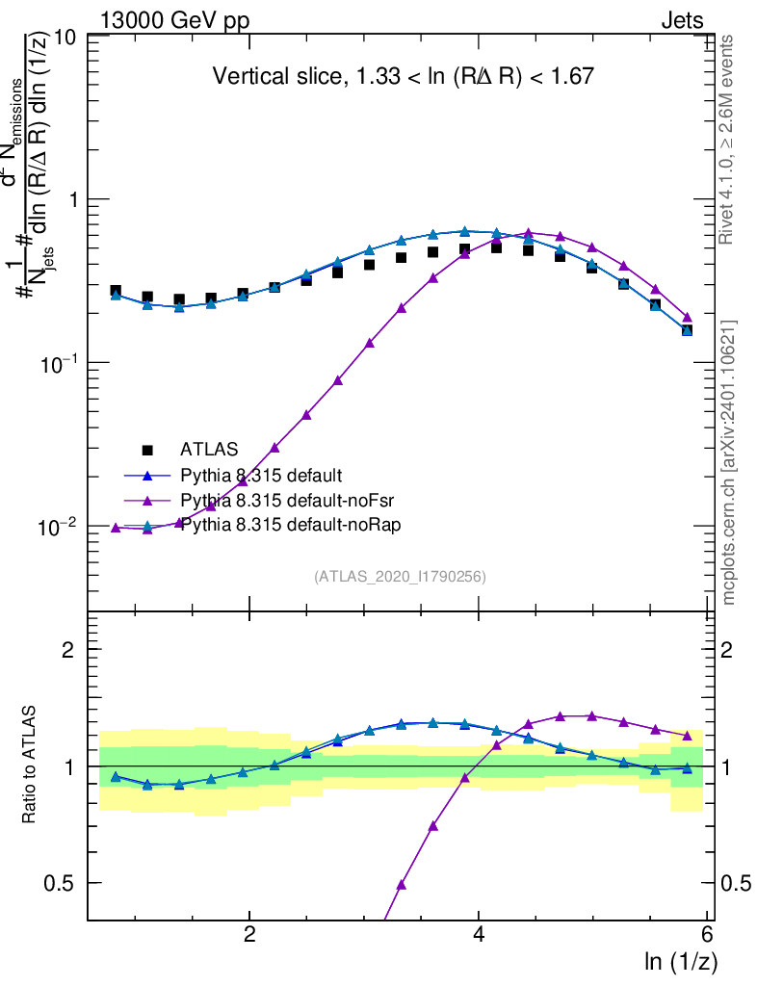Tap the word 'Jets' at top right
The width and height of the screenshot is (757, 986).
[681, 22]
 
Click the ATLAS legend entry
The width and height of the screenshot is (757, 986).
[209, 449]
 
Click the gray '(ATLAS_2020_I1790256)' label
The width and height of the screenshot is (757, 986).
[400, 577]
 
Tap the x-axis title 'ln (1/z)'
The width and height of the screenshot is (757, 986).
[681, 960]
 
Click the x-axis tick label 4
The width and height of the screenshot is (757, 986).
[479, 934]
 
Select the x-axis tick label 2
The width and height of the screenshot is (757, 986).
[249, 934]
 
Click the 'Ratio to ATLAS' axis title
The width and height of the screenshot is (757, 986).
[30, 765]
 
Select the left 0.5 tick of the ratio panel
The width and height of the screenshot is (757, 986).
[65, 883]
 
